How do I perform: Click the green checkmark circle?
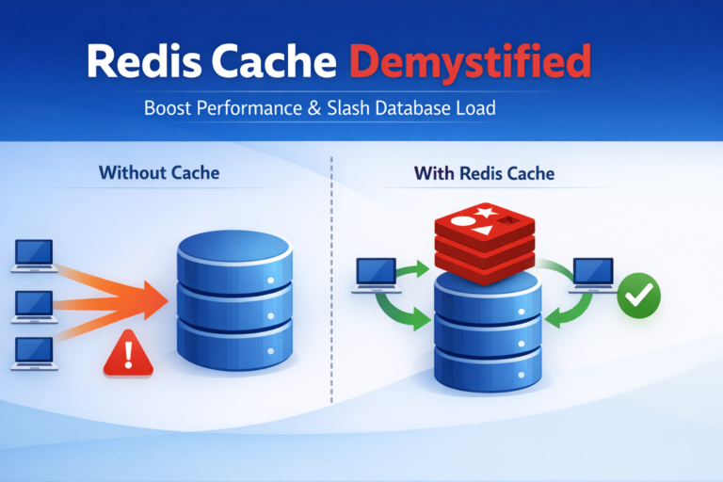[x=639, y=297]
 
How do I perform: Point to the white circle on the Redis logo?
[x=464, y=223]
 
